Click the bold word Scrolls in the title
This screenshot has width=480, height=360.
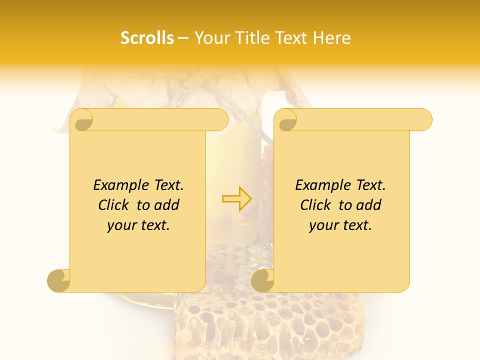147,38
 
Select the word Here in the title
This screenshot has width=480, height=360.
332,38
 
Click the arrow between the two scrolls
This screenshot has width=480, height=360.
236,198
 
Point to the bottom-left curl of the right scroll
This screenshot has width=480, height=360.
262,280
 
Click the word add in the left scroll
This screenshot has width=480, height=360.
167,205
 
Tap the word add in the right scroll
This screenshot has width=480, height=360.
369,205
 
